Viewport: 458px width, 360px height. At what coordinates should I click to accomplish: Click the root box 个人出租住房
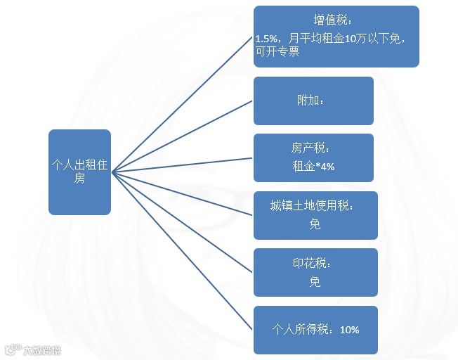click(79, 172)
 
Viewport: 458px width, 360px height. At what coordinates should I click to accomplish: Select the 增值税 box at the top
click(336, 37)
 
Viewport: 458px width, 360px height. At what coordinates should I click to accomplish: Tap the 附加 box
click(313, 101)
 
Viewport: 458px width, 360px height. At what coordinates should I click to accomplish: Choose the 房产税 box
click(313, 157)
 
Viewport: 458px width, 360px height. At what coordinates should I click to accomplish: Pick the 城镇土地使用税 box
click(315, 214)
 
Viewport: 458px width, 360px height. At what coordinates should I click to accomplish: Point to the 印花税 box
click(315, 272)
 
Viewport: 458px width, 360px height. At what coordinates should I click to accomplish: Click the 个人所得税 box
click(315, 329)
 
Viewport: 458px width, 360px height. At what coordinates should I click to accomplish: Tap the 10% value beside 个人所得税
click(349, 329)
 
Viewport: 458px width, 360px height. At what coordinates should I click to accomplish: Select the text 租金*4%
click(313, 167)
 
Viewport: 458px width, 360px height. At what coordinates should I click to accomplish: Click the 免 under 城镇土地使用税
click(315, 224)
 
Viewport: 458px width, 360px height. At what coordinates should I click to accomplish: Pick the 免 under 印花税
click(315, 282)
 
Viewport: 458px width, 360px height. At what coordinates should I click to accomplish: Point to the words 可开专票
click(277, 51)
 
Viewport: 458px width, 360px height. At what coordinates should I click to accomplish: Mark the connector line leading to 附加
click(183, 136)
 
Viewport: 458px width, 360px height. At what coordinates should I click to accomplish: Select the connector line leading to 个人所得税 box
click(183, 251)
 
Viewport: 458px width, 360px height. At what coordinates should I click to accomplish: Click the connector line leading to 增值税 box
click(183, 105)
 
